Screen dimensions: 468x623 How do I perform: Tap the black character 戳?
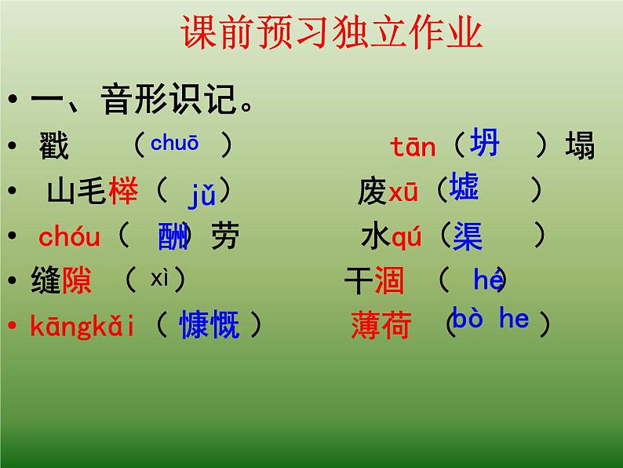(54, 147)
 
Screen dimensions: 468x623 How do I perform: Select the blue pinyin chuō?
(174, 143)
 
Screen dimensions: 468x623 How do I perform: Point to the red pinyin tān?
(413, 146)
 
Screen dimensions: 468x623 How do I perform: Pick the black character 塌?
(580, 146)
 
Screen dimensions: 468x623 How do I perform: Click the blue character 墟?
(465, 188)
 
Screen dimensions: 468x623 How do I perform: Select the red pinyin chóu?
(69, 236)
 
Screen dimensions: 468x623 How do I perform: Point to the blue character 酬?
(173, 236)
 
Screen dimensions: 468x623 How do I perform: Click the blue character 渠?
(468, 236)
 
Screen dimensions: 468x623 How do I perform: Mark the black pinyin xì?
(160, 277)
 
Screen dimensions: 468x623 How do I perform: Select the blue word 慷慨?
(209, 324)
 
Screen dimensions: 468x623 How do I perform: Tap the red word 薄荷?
(381, 325)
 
